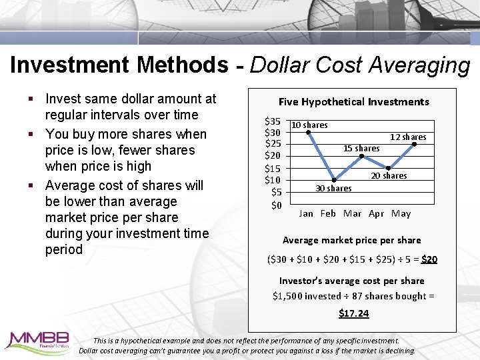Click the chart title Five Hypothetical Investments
tap(353, 102)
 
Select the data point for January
tap(308, 132)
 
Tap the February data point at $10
tap(335, 179)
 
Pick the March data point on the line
tap(361, 156)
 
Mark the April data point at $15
tap(388, 167)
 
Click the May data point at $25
tap(414, 144)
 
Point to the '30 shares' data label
tap(333, 189)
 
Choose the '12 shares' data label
tap(408, 137)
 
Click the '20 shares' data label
tap(389, 176)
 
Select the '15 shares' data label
tap(361, 149)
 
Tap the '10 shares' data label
tap(309, 125)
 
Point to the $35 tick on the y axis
tap(273, 121)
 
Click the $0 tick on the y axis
tap(277, 205)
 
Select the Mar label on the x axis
tap(352, 214)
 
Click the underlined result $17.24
tap(353, 313)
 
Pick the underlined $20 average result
tap(429, 259)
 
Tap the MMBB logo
tap(36, 341)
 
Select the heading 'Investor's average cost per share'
tap(351, 281)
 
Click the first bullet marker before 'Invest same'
tap(31, 99)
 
